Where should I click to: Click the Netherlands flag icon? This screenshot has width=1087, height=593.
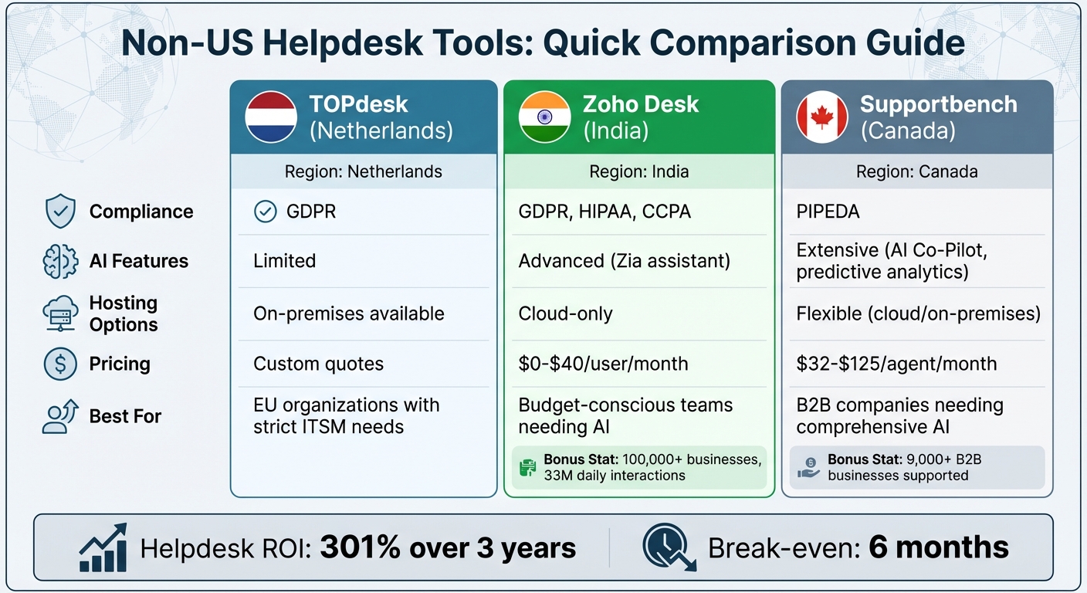(271, 117)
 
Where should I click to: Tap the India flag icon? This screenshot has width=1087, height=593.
(545, 117)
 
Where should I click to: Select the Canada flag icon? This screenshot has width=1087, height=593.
(822, 117)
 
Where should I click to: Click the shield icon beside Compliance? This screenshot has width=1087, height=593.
(60, 212)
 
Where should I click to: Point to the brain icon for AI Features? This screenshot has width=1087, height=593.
(60, 262)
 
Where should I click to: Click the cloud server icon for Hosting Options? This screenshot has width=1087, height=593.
(60, 313)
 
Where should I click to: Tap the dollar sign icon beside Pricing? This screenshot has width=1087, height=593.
(60, 364)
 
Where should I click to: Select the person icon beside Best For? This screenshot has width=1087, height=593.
(60, 416)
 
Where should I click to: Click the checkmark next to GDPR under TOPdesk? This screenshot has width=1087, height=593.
(266, 212)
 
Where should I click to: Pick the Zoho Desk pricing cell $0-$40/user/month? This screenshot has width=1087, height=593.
(603, 364)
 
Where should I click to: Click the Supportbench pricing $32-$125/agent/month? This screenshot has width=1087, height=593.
(896, 364)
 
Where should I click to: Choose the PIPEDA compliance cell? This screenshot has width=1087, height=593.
(828, 212)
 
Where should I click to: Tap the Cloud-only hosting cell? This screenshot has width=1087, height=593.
(565, 313)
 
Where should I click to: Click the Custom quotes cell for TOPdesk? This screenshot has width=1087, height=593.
(318, 364)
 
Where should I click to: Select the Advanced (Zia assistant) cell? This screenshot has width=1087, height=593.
(624, 261)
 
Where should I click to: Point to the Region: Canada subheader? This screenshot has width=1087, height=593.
(916, 171)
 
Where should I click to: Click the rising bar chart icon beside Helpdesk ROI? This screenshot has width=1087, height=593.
(103, 547)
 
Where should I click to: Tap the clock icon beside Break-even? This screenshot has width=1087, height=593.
(669, 547)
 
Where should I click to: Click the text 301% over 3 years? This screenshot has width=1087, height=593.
(448, 548)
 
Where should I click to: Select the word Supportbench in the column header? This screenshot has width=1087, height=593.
(938, 104)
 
